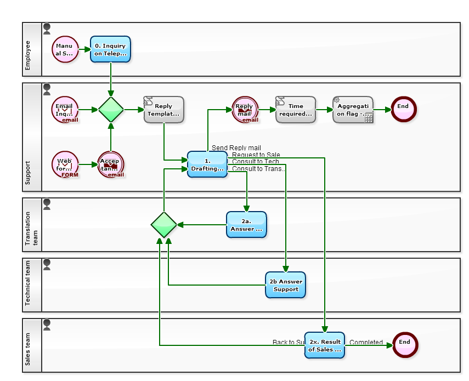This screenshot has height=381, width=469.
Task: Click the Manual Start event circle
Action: (x=65, y=49)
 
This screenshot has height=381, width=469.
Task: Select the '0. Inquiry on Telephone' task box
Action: (x=110, y=49)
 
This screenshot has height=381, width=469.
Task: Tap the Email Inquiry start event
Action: (x=65, y=110)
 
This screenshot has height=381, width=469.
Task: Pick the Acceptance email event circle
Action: (x=111, y=164)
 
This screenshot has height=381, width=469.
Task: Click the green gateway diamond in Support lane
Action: (x=111, y=110)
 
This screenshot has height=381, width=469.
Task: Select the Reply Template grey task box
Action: (x=163, y=110)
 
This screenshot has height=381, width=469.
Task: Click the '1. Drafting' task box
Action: (x=207, y=164)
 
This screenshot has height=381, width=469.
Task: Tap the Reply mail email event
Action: (x=245, y=110)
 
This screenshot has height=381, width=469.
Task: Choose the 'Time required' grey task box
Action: (x=296, y=110)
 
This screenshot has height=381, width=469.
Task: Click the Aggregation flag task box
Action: (x=353, y=110)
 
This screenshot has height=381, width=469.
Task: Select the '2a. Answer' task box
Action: (x=246, y=225)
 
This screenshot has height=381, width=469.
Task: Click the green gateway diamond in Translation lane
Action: (x=163, y=225)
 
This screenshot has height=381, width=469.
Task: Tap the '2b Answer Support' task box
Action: (x=285, y=285)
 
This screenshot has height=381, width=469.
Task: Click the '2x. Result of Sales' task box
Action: (x=325, y=345)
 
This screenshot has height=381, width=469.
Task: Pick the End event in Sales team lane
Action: (x=404, y=345)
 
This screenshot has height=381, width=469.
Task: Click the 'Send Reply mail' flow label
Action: (x=236, y=148)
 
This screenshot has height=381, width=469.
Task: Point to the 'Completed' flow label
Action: (x=366, y=343)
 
